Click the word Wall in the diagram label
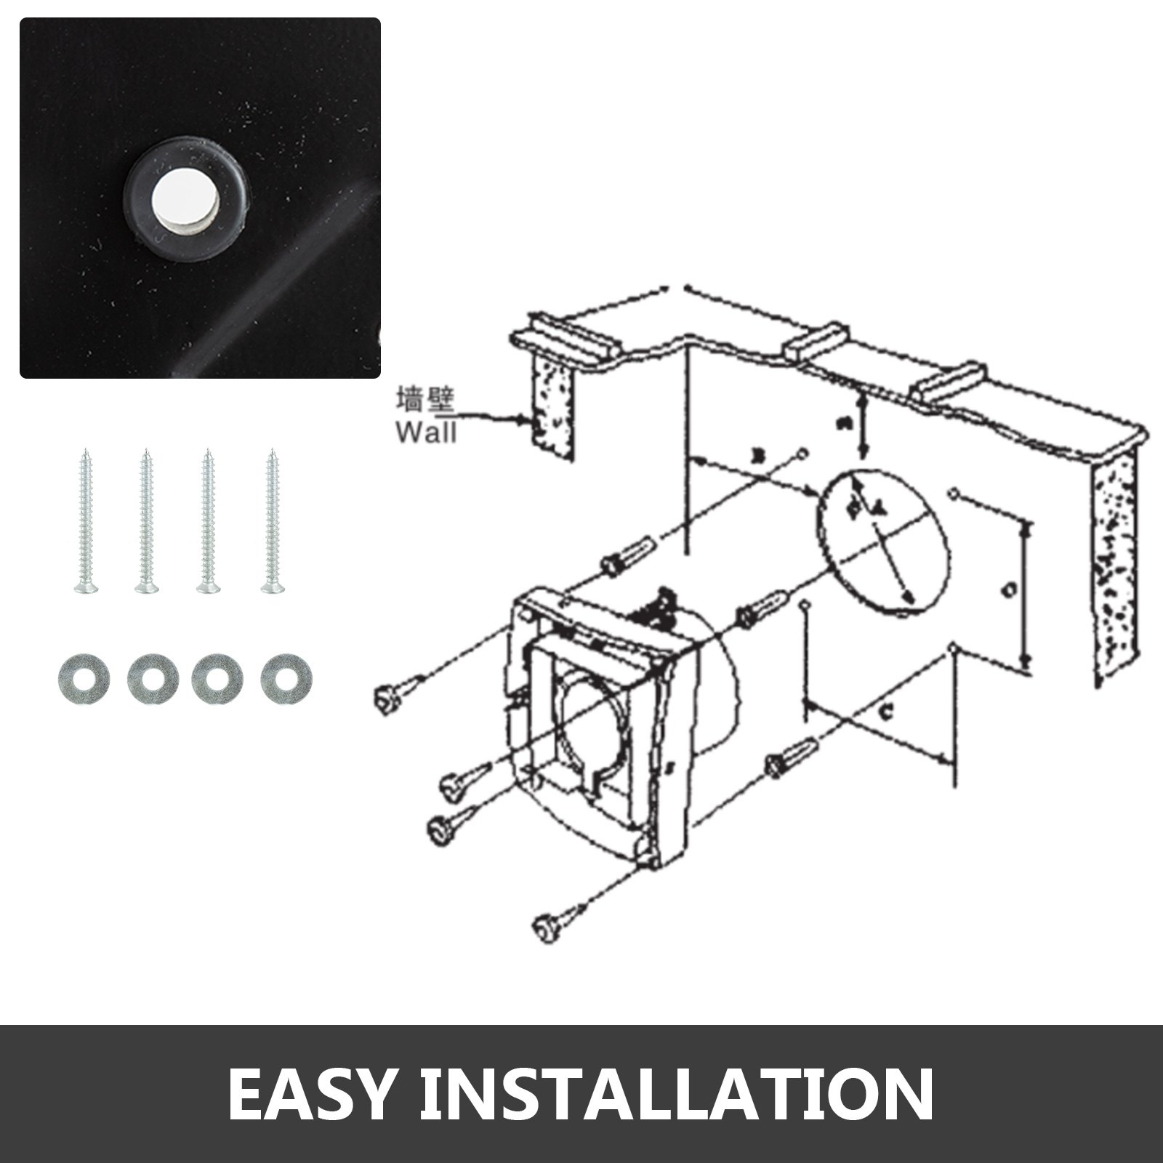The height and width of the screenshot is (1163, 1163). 426,433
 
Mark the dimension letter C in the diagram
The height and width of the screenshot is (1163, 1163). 886,714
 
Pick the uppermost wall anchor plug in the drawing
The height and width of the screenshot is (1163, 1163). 627,555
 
